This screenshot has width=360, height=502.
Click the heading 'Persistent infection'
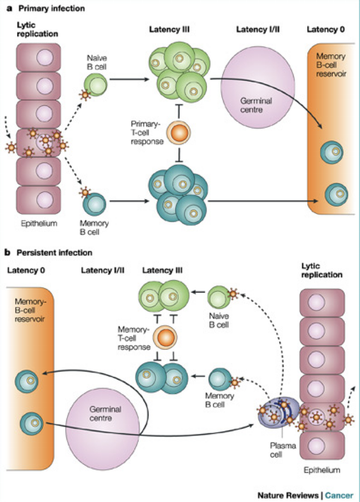(x=55, y=253)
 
